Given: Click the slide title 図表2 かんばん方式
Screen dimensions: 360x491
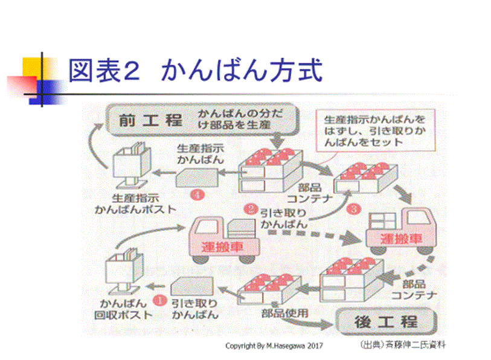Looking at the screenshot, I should pyautogui.click(x=194, y=71).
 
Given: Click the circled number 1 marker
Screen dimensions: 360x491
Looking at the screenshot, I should pyautogui.click(x=161, y=298).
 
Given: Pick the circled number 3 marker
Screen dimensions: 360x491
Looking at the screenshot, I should pyautogui.click(x=355, y=209).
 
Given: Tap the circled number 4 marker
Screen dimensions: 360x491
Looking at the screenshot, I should pyautogui.click(x=196, y=194).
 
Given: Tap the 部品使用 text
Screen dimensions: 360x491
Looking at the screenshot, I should pyautogui.click(x=284, y=313).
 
